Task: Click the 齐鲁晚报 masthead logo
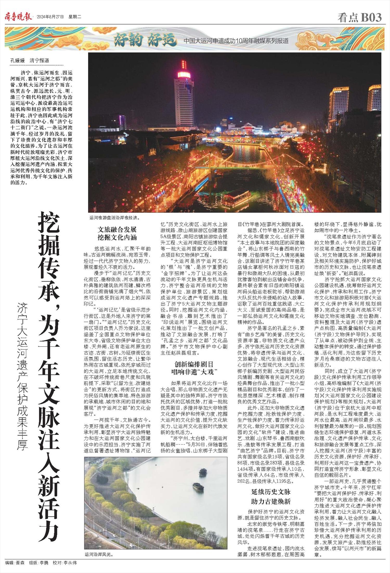click(x=18, y=17)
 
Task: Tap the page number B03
click(x=371, y=17)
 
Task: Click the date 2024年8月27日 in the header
click(x=50, y=17)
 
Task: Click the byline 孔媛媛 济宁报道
click(x=30, y=61)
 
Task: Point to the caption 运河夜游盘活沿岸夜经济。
click(x=115, y=218)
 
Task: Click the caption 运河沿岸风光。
click(x=99, y=554)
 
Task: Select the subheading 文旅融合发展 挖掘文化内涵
click(x=117, y=233)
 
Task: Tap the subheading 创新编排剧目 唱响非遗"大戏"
click(x=194, y=368)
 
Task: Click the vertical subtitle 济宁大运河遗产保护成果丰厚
click(x=22, y=377)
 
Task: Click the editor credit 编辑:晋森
click(x=15, y=563)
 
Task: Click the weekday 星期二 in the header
click(x=75, y=17)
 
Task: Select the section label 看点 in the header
click(x=348, y=17)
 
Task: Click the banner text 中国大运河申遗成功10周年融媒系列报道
click(x=236, y=41)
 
